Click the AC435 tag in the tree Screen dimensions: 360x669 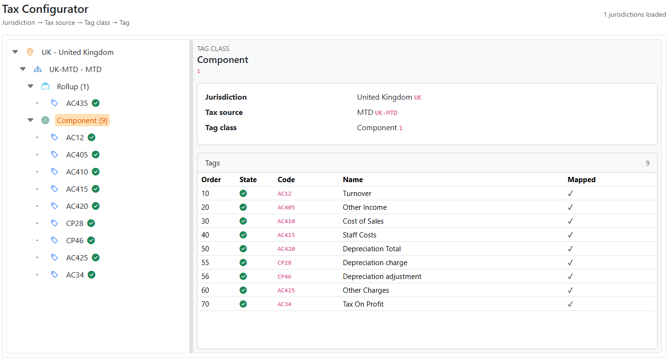[x=77, y=103]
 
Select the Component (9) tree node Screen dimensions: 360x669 [x=82, y=121]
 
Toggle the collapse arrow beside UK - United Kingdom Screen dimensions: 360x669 [x=15, y=52]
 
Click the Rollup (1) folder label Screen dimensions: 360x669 [x=72, y=86]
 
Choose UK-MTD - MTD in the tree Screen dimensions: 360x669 [x=75, y=69]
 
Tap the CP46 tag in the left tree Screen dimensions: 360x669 [x=74, y=240]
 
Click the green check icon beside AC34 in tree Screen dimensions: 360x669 [x=92, y=275]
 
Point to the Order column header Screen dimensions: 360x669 [x=211, y=180]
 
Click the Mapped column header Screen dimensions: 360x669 [x=581, y=180]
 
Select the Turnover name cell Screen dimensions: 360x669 [x=357, y=194]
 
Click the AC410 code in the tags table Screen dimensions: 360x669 [x=286, y=221]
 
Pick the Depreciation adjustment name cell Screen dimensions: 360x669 [x=382, y=277]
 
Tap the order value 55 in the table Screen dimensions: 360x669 [x=206, y=263]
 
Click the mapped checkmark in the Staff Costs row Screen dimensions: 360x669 [x=570, y=235]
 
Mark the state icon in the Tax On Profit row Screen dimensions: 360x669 [x=243, y=304]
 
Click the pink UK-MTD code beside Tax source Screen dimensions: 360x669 [x=386, y=113]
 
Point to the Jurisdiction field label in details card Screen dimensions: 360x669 [x=226, y=97]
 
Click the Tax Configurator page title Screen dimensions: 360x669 [x=45, y=9]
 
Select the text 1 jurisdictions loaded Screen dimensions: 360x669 [x=634, y=15]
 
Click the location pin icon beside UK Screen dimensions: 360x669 [x=30, y=52]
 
